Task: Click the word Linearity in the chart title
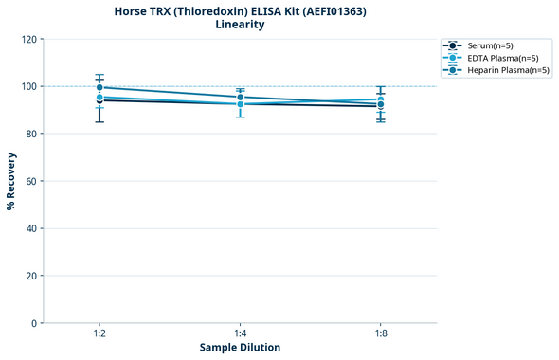coord(240,25)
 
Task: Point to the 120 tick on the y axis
coord(27,39)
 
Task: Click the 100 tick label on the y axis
coord(27,86)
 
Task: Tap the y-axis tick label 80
coord(30,134)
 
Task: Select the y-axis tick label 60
coord(30,181)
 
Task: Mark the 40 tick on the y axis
coord(30,228)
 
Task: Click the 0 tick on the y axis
coord(34,323)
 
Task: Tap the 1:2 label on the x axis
coord(99,334)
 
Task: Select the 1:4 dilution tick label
coord(240,334)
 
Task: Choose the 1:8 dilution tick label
coord(380,334)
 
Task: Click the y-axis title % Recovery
coord(11,181)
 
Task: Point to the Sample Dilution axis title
coord(240,348)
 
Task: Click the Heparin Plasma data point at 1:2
coord(99,87)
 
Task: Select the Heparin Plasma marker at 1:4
coord(240,97)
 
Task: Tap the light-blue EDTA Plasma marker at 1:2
coord(99,97)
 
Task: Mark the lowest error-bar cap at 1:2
coord(99,122)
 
